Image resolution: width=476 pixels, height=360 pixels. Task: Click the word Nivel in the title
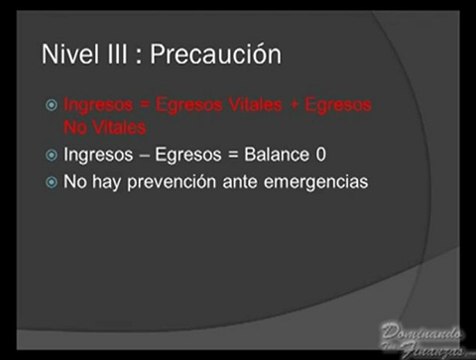point(69,54)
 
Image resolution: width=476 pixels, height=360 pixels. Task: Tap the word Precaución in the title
point(215,55)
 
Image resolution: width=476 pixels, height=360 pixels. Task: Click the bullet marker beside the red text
point(52,104)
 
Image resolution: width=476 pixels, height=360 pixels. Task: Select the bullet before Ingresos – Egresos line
point(52,156)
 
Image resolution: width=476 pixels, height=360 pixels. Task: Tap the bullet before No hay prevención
point(52,183)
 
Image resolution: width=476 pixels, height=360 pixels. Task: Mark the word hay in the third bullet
point(107,183)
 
